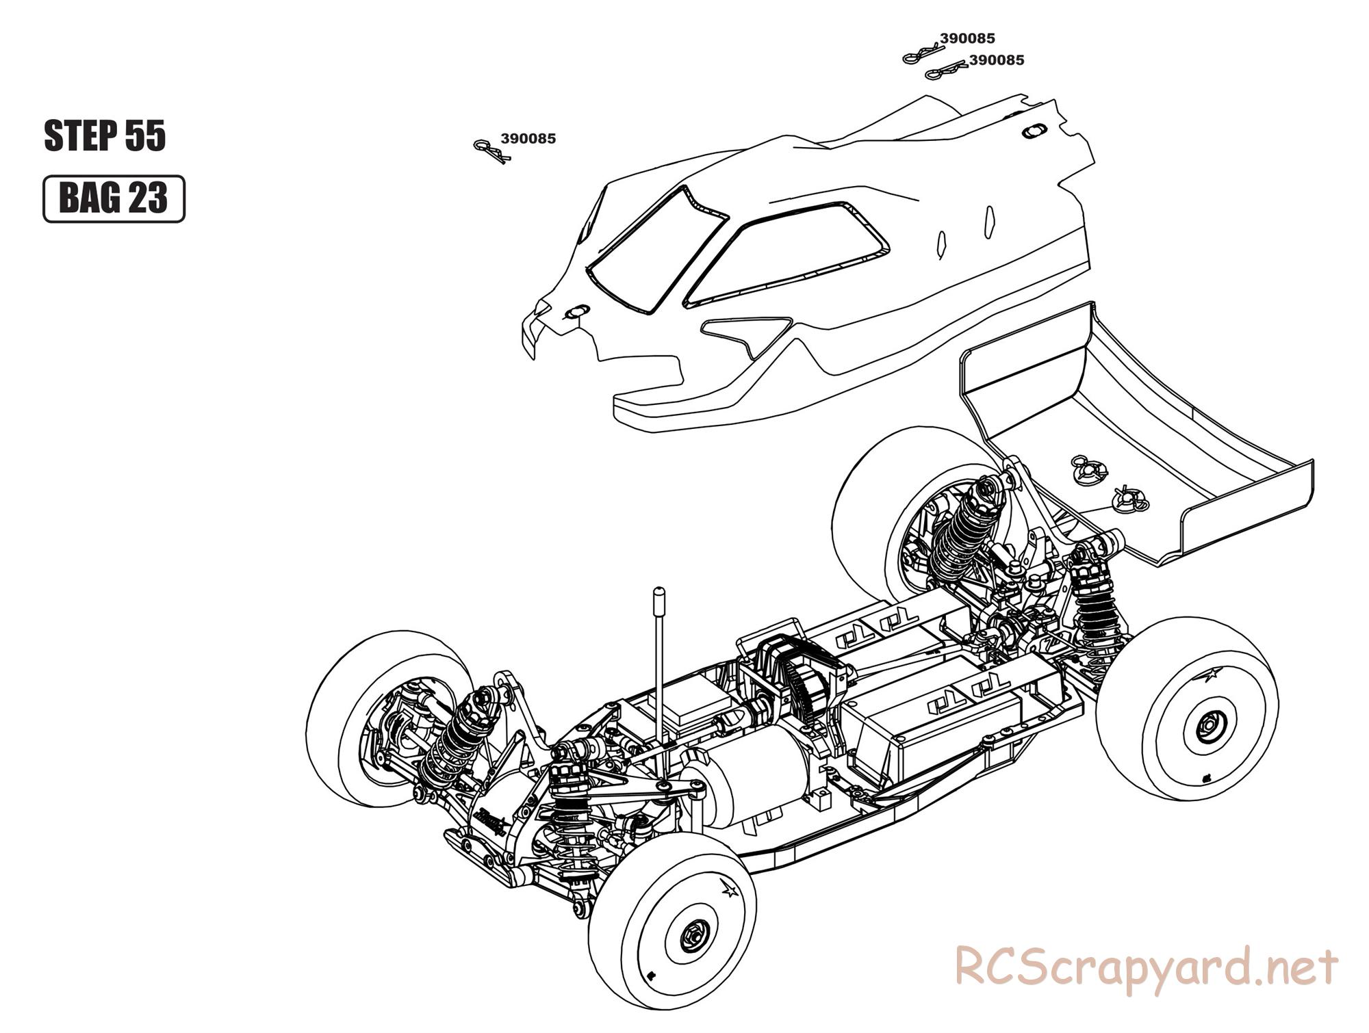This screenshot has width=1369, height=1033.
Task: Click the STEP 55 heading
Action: coord(105,135)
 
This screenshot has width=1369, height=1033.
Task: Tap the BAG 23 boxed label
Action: coord(114,198)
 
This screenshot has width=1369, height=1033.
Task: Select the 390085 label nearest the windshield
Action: coord(528,139)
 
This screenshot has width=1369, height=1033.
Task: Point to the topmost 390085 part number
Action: coord(967,39)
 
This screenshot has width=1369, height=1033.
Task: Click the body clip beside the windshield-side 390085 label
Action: coord(490,151)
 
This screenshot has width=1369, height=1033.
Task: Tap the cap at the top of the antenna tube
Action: coord(659,592)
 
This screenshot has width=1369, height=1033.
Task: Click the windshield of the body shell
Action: coord(656,251)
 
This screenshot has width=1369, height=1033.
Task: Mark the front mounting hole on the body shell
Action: coord(575,312)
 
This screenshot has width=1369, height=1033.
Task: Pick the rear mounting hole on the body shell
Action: coord(1033,130)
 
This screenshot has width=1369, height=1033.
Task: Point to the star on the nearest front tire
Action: coord(730,891)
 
